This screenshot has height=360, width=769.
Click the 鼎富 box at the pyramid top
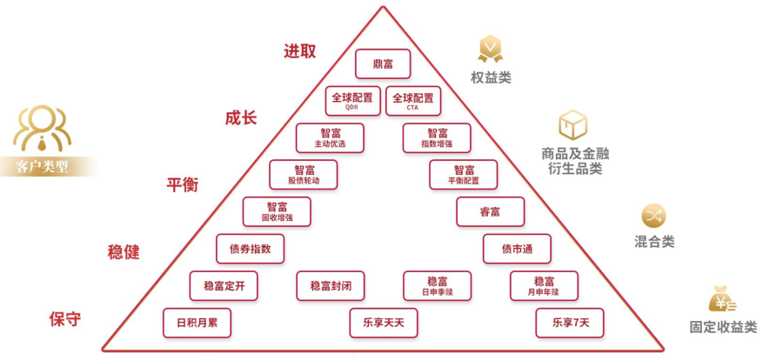[x=383, y=63]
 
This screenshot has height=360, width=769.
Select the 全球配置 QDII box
[x=352, y=101]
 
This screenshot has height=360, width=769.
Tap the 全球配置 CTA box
[x=413, y=101]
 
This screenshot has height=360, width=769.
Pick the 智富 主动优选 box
[x=330, y=137]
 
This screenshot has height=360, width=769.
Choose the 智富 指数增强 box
[x=437, y=137]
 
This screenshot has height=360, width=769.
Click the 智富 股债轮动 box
[x=304, y=175]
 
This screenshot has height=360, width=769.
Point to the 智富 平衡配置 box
[x=464, y=175]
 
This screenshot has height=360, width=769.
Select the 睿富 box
[x=491, y=211]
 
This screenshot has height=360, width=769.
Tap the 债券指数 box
[x=251, y=249]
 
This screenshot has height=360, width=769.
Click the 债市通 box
[x=518, y=249]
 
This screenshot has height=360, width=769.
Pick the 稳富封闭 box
[x=331, y=285]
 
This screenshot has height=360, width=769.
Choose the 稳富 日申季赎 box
[x=438, y=285]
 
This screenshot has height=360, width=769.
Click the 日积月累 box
[x=197, y=323]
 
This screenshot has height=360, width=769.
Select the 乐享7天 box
[x=570, y=323]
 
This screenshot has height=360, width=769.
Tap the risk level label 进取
[x=299, y=50]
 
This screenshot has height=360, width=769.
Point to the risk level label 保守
[x=64, y=319]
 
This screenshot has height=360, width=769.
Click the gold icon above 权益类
[x=491, y=49]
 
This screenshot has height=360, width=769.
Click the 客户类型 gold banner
[x=43, y=166]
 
